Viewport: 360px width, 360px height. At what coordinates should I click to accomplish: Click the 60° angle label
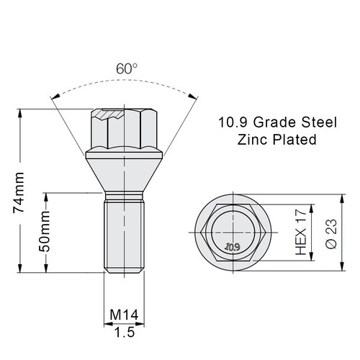(x=127, y=69)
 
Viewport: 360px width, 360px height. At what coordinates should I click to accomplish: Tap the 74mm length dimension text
(x=19, y=192)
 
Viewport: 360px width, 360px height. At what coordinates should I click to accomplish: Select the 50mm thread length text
(x=44, y=232)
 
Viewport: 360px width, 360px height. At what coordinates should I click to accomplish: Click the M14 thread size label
(x=124, y=315)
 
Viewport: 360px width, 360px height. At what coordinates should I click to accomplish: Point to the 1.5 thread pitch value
(x=125, y=332)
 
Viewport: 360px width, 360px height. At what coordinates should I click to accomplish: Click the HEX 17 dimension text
(x=301, y=232)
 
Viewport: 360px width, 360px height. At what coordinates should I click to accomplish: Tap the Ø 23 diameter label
(x=331, y=233)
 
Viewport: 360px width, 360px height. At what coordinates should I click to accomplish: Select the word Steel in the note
(x=319, y=122)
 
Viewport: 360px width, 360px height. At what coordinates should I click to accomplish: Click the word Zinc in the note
(x=252, y=140)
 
